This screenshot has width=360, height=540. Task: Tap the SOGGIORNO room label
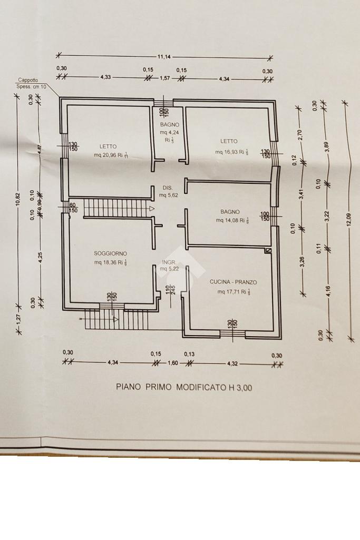111,253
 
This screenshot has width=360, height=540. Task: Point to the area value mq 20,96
105,155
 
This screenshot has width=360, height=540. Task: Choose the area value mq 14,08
227,221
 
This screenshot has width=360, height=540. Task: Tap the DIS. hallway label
168,188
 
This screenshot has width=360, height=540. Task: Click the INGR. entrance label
169,262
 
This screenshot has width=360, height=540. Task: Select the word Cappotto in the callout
28,80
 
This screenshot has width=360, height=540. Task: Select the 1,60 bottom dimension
172,363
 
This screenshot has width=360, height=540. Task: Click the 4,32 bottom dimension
232,363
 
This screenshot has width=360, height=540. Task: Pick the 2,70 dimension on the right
300,135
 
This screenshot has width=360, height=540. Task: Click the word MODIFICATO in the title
201,387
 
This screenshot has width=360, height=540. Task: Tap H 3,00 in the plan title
240,388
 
